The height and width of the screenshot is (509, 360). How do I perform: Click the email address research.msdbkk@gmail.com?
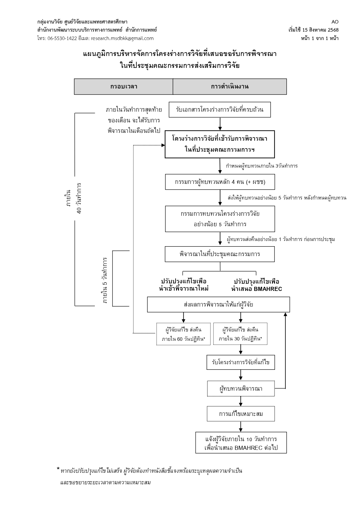tap(122, 38)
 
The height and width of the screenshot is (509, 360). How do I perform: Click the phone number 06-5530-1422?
tap(62, 38)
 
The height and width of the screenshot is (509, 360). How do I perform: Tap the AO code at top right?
tap(335, 22)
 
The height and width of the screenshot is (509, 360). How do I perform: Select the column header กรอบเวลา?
tap(124, 86)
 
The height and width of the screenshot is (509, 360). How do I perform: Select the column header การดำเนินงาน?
tap(229, 86)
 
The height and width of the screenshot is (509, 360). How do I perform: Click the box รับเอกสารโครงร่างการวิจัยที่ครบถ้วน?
tap(220, 110)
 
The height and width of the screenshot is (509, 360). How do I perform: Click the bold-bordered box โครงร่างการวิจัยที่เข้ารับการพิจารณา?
tap(220, 144)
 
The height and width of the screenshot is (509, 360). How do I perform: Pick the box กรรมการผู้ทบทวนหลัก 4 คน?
tap(220, 182)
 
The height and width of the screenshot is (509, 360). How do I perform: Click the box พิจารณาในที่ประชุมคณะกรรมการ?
tap(220, 254)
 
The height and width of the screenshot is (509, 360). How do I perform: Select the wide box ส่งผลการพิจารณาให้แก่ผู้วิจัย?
tap(218, 305)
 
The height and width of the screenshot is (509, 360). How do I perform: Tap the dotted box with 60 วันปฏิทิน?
tap(184, 334)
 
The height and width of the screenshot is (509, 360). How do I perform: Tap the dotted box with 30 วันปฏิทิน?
tap(240, 334)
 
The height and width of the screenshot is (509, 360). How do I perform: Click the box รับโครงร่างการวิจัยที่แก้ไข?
tap(240, 362)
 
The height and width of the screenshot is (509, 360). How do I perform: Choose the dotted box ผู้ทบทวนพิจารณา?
tap(240, 388)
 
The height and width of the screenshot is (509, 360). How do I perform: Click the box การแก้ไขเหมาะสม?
tap(240, 414)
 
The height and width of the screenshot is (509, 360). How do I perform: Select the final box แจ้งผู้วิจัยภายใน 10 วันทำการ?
tap(241, 443)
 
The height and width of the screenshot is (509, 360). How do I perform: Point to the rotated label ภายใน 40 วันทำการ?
tap(74, 198)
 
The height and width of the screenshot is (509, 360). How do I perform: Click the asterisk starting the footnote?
tap(58, 469)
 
